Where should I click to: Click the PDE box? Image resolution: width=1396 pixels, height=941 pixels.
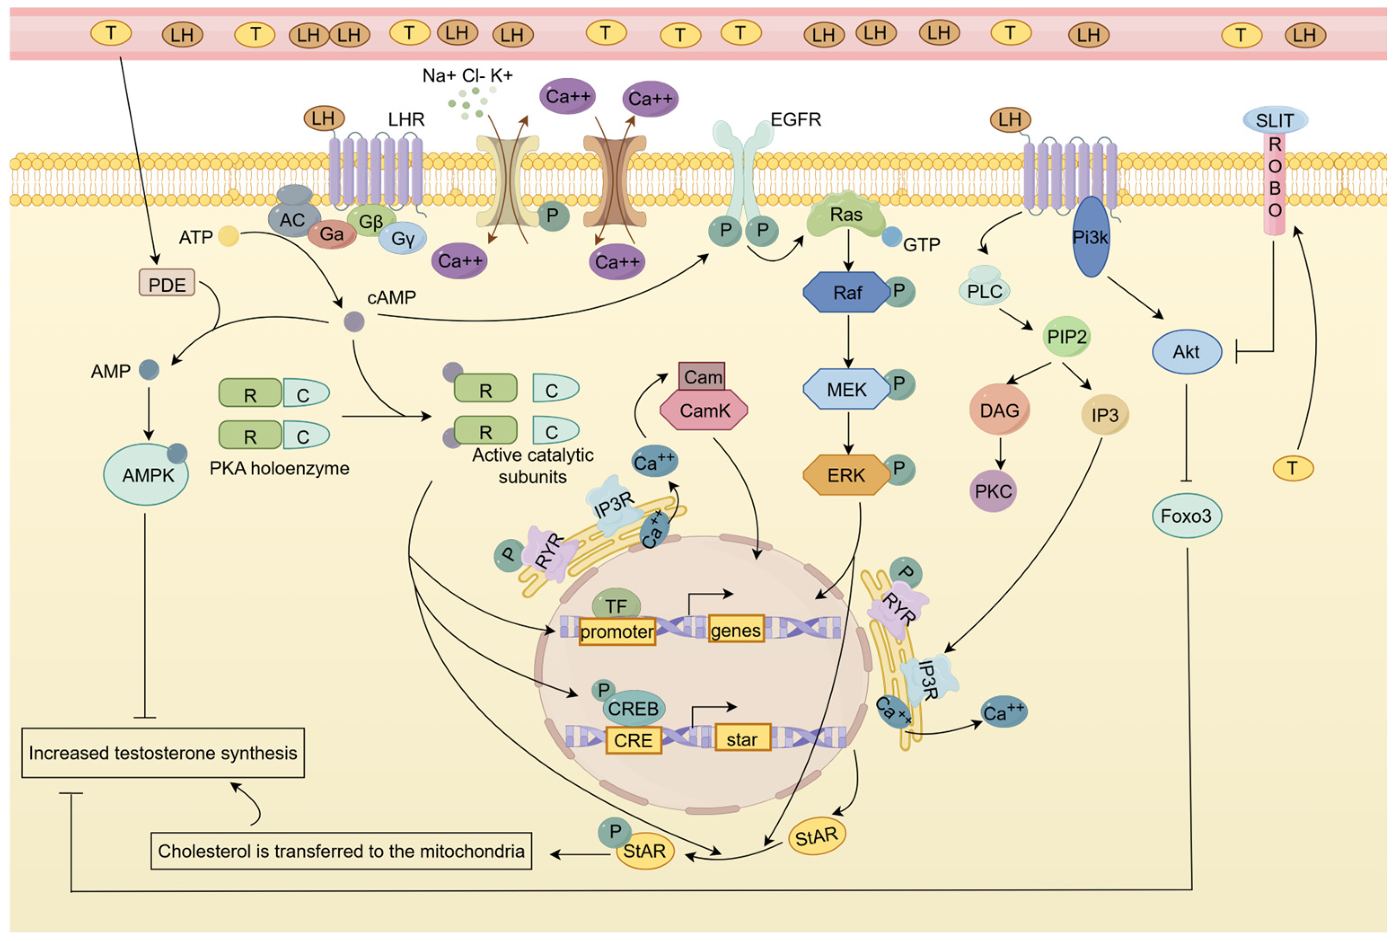(x=167, y=283)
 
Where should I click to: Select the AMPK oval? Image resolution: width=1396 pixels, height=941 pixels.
(x=146, y=475)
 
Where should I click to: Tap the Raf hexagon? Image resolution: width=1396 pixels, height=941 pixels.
(x=847, y=292)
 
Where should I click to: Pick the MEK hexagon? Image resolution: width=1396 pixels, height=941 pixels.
(x=847, y=390)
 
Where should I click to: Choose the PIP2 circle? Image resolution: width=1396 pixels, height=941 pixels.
(x=1066, y=337)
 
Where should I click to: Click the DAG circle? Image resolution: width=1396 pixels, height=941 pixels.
(x=999, y=411)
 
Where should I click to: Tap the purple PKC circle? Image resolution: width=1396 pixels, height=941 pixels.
(x=993, y=491)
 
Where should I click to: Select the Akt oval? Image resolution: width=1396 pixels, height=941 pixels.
(x=1187, y=352)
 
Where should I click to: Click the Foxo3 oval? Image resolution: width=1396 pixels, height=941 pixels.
(x=1186, y=516)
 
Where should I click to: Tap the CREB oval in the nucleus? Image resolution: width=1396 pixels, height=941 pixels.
(x=633, y=708)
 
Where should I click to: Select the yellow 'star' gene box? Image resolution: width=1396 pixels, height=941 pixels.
(x=742, y=739)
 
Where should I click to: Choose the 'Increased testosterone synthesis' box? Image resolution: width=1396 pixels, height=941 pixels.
(x=163, y=753)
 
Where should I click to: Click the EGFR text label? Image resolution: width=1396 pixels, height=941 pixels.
(x=795, y=119)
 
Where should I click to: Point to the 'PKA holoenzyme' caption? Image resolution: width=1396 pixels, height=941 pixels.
(x=279, y=468)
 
